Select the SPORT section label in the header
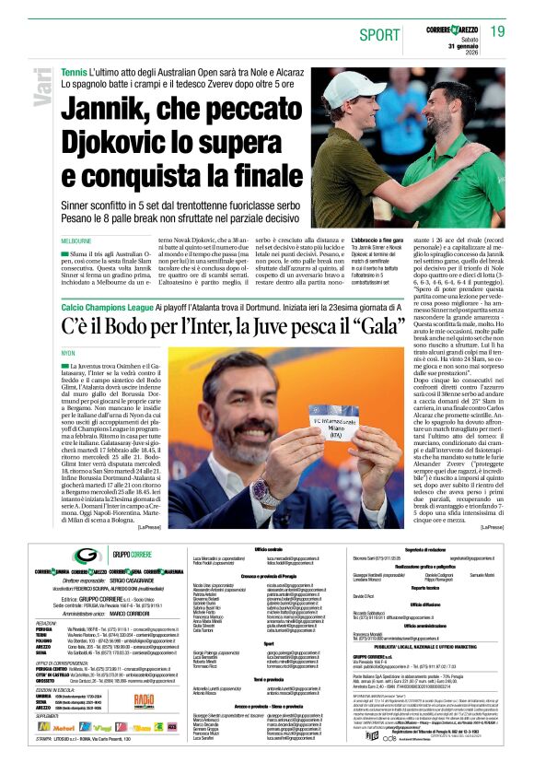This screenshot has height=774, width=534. tap(379, 34)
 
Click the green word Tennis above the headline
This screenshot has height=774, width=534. tap(74, 72)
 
